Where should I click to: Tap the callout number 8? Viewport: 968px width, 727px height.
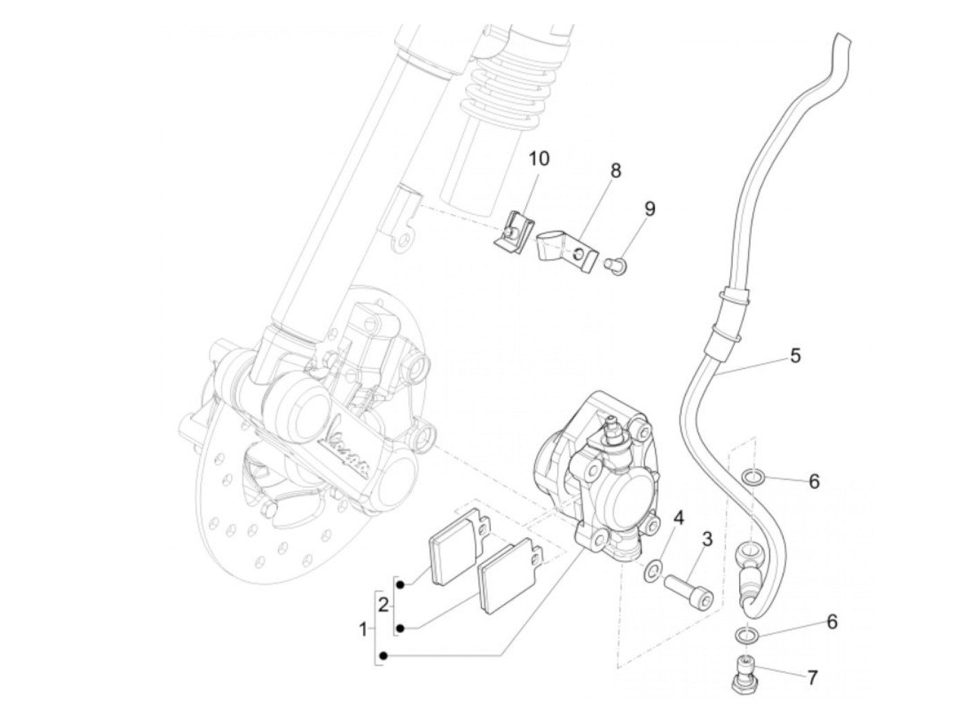tap(615, 171)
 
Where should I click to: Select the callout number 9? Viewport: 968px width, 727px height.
tap(649, 209)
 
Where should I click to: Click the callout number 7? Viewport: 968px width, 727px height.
tap(812, 677)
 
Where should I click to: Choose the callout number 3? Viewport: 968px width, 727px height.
tap(706, 539)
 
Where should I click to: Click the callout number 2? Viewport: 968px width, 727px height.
tap(383, 605)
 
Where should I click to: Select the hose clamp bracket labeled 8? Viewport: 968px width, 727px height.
tap(565, 251)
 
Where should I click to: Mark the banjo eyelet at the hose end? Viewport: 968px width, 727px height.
tap(747, 553)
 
